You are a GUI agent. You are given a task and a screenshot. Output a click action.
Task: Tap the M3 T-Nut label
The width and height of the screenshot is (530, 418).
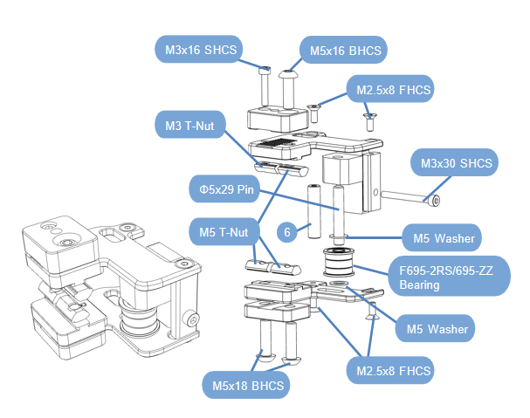[x=191, y=127]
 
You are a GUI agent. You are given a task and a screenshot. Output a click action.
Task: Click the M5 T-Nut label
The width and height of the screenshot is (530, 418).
[x=224, y=232]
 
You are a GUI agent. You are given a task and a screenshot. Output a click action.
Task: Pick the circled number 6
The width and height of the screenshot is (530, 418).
[x=286, y=232]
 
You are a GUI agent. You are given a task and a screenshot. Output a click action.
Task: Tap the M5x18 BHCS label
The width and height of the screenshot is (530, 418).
[x=245, y=385]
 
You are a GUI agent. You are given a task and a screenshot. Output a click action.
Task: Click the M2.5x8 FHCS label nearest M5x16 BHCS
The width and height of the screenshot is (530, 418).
[x=390, y=91]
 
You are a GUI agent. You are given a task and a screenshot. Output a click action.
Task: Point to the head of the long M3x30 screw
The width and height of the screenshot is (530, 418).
[x=433, y=201]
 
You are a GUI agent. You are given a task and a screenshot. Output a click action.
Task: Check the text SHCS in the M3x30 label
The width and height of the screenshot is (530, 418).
[x=475, y=164]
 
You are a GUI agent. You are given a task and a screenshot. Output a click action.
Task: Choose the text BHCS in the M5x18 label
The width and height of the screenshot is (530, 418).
[x=265, y=385]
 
